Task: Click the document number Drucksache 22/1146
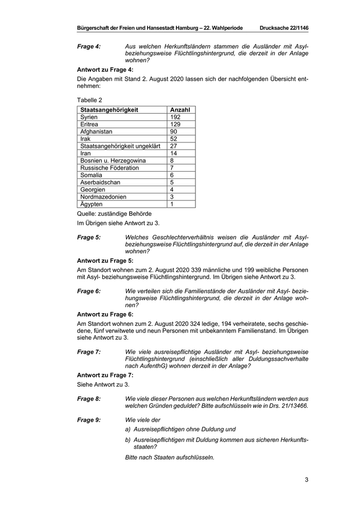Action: point(284,27)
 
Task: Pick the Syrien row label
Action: point(89,117)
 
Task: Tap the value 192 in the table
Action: point(175,117)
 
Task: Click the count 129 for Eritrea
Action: point(175,124)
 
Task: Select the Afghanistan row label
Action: point(96,132)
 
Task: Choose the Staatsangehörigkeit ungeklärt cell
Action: point(120,146)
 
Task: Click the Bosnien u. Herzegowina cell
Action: point(113,160)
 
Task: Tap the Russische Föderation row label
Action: point(110,168)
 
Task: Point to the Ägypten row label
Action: point(91,204)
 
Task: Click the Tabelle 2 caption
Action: point(89,100)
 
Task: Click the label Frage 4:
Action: point(89,46)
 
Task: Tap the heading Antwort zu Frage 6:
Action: point(105,314)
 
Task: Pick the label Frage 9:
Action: point(89,420)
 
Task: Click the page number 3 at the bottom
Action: point(306,480)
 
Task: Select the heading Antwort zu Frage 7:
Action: point(105,375)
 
